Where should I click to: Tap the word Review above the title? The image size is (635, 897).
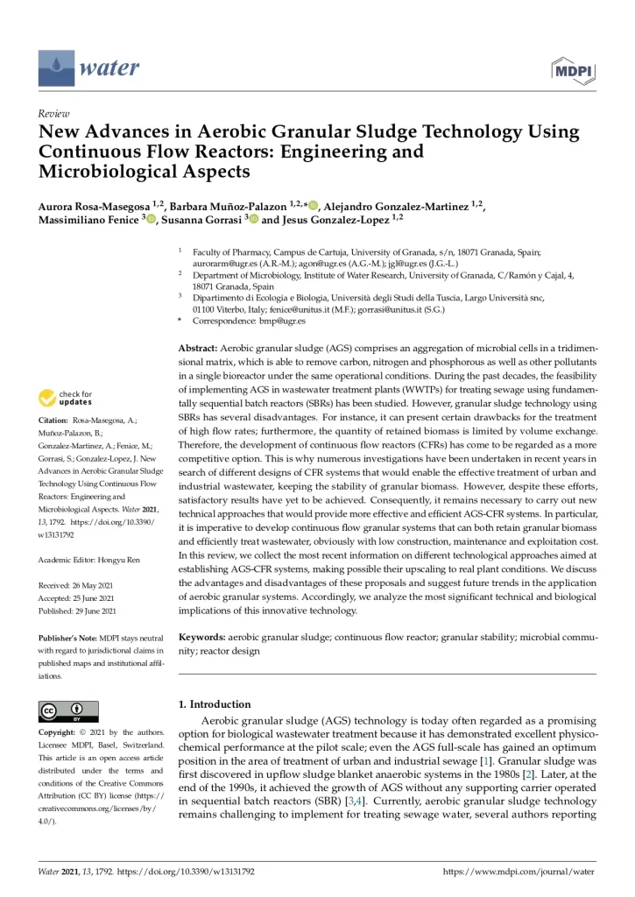[54, 114]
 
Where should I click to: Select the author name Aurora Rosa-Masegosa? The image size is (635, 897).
[99, 205]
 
